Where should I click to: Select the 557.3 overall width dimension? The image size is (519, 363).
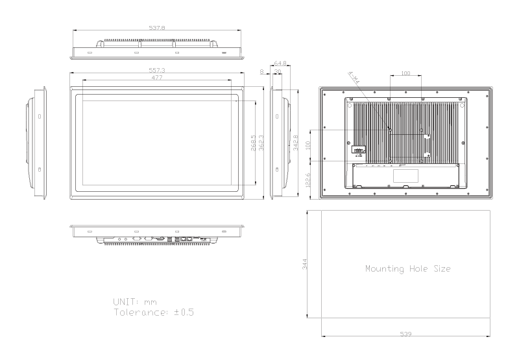156,69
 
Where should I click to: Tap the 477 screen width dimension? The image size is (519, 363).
156,78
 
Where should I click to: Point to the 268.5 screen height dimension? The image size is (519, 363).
254,141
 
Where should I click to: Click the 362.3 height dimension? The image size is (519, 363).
261,142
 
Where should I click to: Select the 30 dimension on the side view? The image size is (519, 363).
276,71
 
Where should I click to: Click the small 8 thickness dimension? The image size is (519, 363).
261,71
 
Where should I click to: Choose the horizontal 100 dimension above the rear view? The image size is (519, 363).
405,74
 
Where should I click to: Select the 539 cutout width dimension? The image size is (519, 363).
405,334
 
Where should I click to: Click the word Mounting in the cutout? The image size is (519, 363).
383,268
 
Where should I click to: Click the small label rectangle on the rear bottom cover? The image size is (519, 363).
405,175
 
